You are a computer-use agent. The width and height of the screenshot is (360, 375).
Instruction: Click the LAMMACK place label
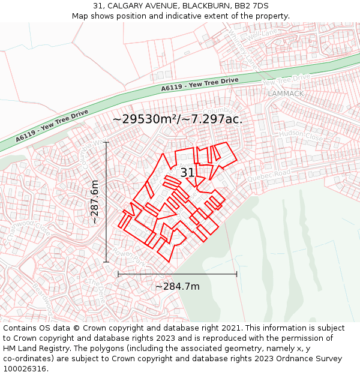coord(286,94)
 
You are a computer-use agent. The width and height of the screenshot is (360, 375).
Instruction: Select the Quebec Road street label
coord(273,175)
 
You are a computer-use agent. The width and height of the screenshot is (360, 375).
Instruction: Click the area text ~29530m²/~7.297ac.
coord(178,119)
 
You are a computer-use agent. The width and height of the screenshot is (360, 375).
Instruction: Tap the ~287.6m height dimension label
coord(95,202)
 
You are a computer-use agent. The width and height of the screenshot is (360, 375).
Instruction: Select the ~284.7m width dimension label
coord(178,286)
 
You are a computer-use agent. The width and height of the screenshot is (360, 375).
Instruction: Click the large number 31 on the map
coord(187,173)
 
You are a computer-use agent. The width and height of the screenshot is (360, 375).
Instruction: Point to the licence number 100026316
coord(25,368)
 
